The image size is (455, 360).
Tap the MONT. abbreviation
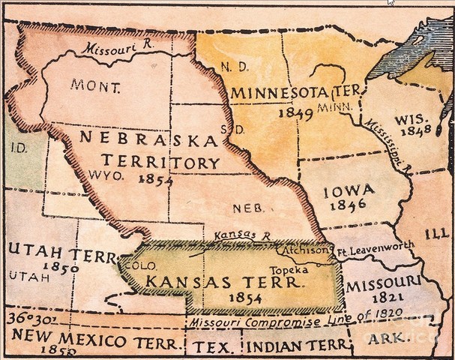click(x=95, y=85)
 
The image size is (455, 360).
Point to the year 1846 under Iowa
click(x=349, y=204)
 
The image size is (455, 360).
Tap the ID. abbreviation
click(x=18, y=148)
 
